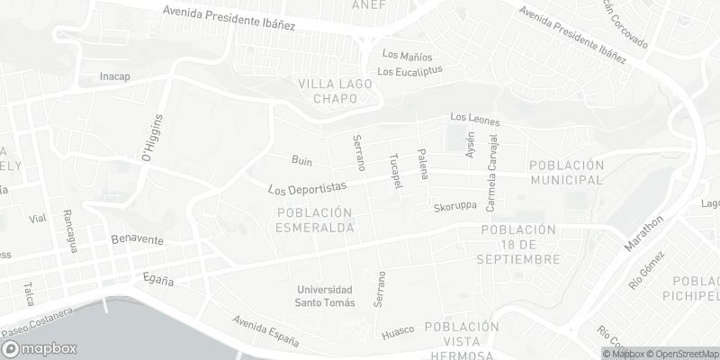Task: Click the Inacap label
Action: [115, 76]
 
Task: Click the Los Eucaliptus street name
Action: [410, 71]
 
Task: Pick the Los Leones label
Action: [474, 120]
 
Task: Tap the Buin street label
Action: [301, 161]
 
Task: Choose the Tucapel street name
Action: [392, 170]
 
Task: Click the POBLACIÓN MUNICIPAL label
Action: [564, 173]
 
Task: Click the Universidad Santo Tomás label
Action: [326, 296]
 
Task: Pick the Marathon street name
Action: [647, 233]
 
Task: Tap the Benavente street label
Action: [137, 240]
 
